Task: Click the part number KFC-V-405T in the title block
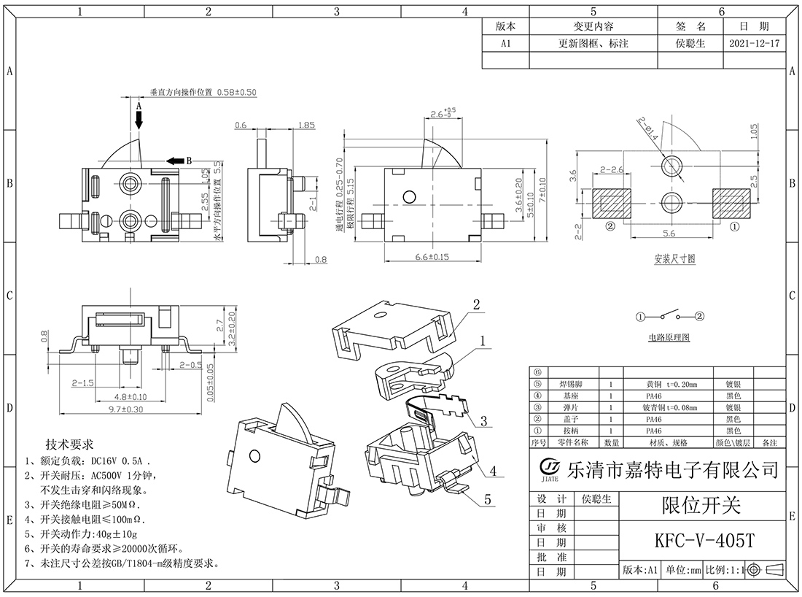pos(703,541)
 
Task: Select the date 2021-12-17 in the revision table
pos(754,44)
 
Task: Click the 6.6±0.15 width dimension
pos(431,257)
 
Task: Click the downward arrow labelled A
pos(139,118)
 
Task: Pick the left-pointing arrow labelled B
pos(175,161)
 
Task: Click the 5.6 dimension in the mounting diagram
pos(669,233)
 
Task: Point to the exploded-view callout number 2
pos(477,304)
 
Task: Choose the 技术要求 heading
pos(70,444)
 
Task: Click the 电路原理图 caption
pos(669,338)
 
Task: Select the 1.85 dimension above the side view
pos(306,126)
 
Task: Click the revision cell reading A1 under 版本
pos(505,44)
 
